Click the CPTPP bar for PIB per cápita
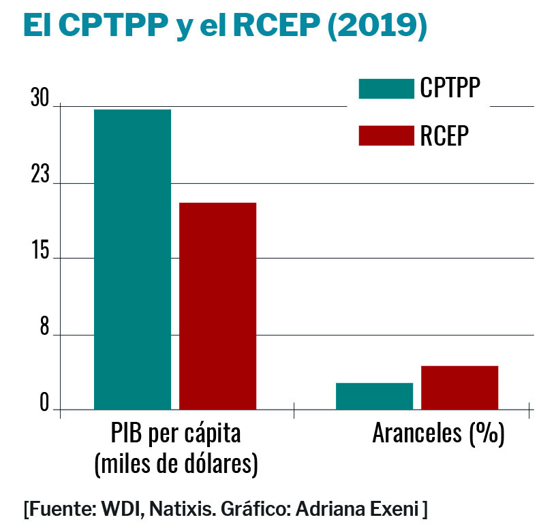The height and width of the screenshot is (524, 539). click(x=132, y=259)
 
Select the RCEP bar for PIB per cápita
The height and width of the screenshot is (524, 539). click(x=217, y=306)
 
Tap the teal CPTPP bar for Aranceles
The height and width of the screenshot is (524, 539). click(x=374, y=396)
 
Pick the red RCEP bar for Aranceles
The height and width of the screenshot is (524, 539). click(x=459, y=387)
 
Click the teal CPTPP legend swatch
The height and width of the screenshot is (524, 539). click(x=386, y=88)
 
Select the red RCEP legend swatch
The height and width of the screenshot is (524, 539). click(x=386, y=135)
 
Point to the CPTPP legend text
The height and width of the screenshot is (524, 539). click(x=450, y=88)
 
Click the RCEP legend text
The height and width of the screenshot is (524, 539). click(x=444, y=135)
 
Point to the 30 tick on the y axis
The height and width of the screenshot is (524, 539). click(x=40, y=101)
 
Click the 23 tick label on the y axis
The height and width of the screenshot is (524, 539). click(x=40, y=176)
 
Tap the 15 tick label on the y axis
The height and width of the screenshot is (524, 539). click(x=40, y=252)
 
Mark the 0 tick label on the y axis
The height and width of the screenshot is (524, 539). click(x=44, y=404)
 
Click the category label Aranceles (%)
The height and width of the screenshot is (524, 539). click(x=438, y=433)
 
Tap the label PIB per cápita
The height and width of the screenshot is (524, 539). click(x=176, y=433)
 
